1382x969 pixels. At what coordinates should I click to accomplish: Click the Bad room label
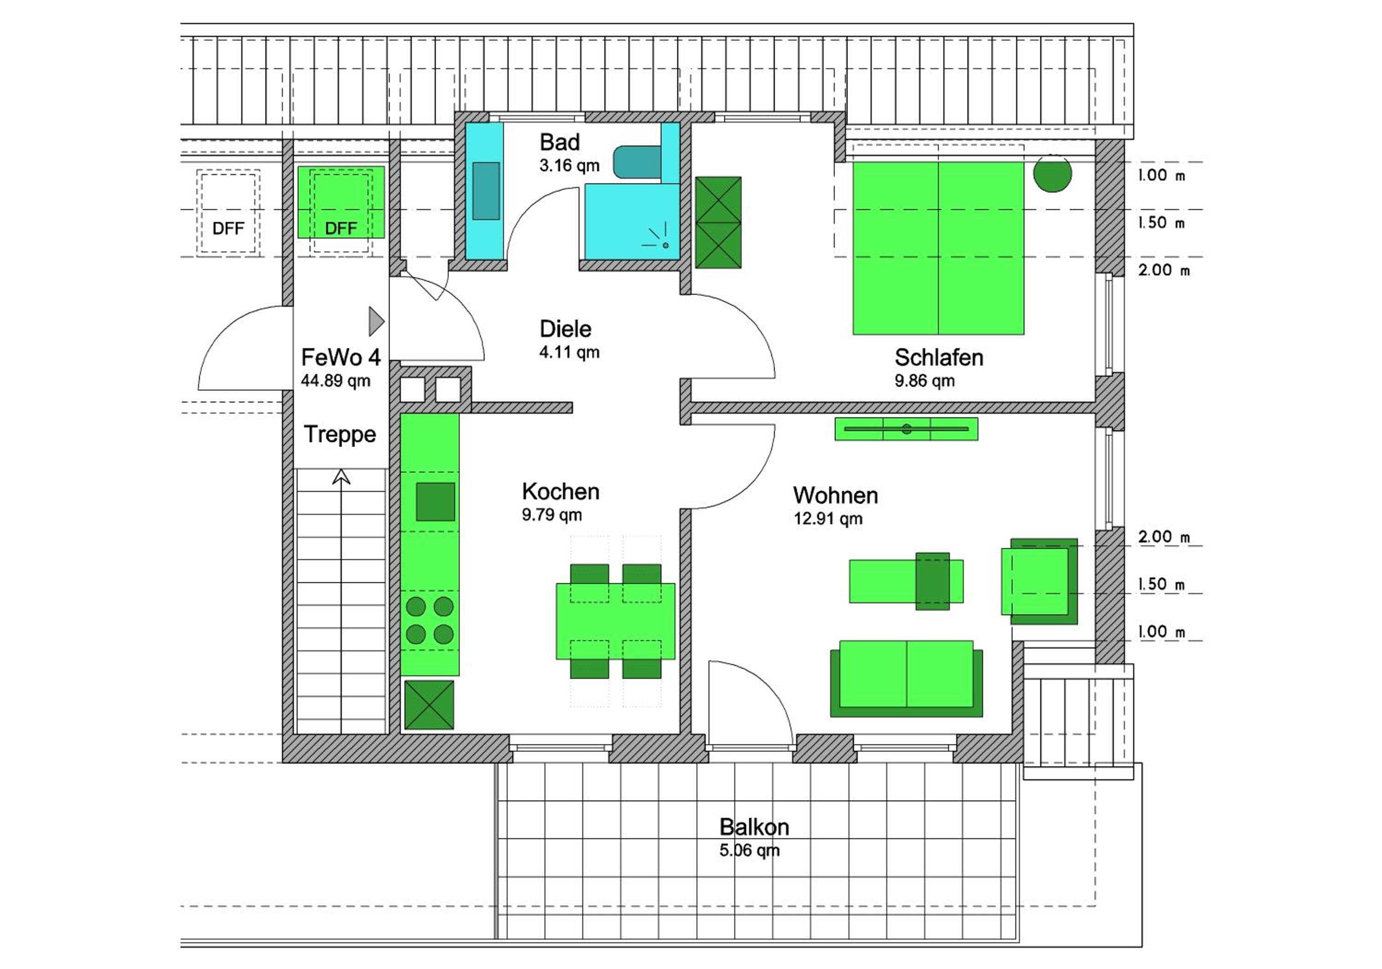click(560, 143)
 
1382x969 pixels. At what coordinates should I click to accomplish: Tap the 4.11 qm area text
click(569, 352)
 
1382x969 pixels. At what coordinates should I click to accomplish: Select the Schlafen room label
click(939, 357)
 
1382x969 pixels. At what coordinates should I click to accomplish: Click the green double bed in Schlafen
click(938, 248)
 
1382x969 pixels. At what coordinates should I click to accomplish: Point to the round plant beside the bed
click(1053, 173)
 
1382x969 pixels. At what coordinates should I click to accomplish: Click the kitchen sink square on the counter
click(435, 502)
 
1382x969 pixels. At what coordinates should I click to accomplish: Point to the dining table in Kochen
click(615, 621)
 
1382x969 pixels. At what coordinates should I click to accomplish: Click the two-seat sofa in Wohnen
click(907, 678)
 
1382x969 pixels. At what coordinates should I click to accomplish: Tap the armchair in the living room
click(1040, 581)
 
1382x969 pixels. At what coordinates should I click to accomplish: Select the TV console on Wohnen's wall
click(907, 429)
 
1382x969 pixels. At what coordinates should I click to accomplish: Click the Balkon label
click(754, 827)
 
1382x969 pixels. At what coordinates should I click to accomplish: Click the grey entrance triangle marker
click(376, 321)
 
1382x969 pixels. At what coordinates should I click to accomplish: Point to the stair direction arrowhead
click(341, 477)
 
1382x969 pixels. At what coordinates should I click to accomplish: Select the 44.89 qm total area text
click(335, 380)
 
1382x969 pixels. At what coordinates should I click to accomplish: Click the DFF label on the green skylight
click(341, 228)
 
